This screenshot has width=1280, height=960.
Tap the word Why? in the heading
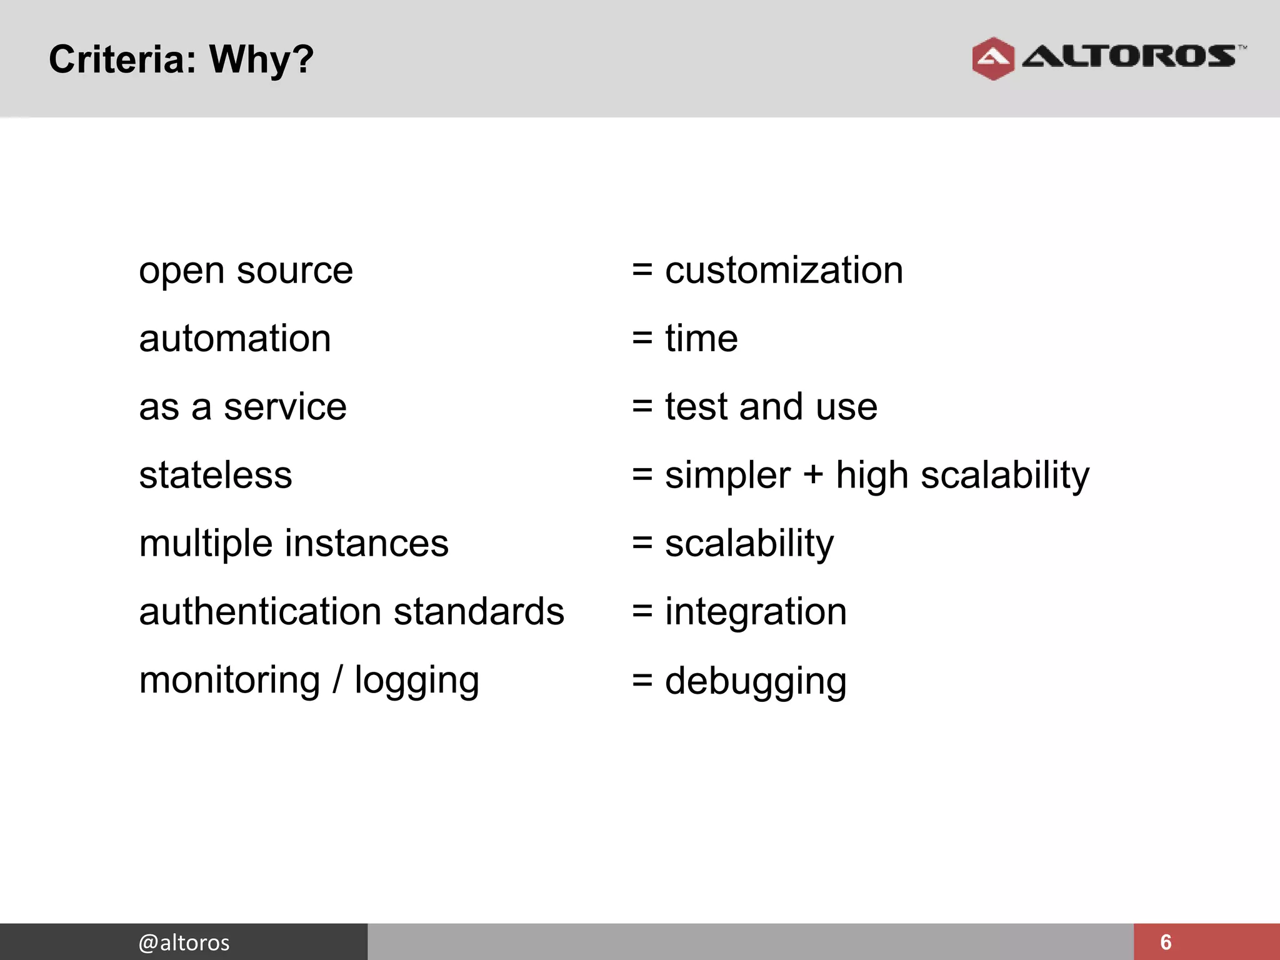[x=261, y=60]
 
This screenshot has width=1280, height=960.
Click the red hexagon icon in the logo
[x=993, y=59]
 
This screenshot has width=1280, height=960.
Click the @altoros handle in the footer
[x=184, y=942]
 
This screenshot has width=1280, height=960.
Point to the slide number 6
[x=1166, y=942]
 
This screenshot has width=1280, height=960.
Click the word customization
[x=784, y=271]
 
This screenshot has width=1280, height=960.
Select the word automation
[x=235, y=339]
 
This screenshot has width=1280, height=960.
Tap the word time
[x=701, y=339]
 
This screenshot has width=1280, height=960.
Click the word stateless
[x=216, y=475]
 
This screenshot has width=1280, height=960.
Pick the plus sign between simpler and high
[x=813, y=474]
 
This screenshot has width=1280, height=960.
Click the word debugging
[x=756, y=681]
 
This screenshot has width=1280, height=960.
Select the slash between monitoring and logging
[x=337, y=679]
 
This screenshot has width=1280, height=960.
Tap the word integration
[x=756, y=612]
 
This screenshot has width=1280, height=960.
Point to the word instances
[x=367, y=543]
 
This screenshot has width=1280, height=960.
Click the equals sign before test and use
[x=642, y=407]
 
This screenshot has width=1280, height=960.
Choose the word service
[x=285, y=407]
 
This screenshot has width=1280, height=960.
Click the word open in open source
[x=182, y=272]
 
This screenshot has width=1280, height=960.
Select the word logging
[x=417, y=681]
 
